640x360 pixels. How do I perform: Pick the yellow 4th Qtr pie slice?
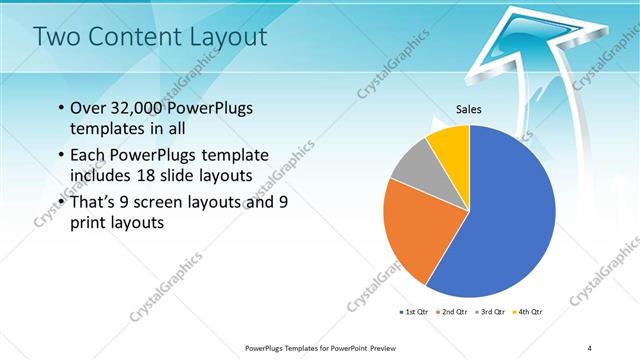coord(449,145)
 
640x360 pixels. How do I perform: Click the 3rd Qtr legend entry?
coord(489,312)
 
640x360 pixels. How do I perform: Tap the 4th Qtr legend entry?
coord(527,312)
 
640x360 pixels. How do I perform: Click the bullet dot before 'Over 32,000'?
coord(62,108)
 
